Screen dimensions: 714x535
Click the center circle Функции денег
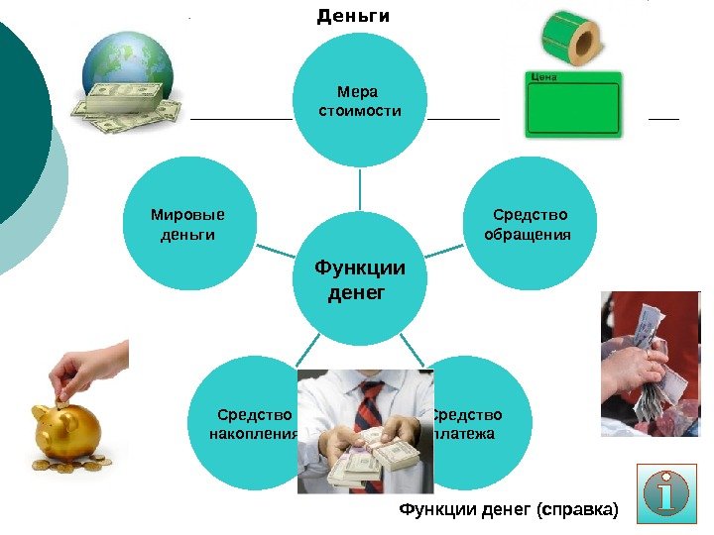pyautogui.click(x=359, y=280)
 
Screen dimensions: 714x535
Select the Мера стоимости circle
pyautogui.click(x=359, y=99)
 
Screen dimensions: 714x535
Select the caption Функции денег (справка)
pyautogui.click(x=507, y=510)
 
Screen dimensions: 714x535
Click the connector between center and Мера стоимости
pyautogui.click(x=359, y=188)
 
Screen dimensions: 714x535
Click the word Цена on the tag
pyautogui.click(x=543, y=76)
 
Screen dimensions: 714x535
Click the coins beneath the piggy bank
pyautogui.click(x=69, y=465)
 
